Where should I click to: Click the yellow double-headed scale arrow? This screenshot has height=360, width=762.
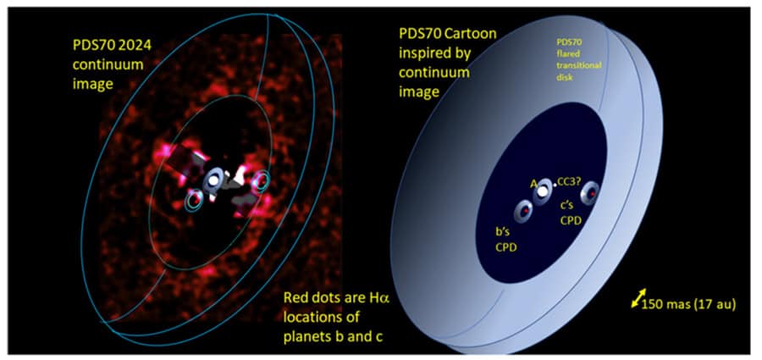(x=638, y=298)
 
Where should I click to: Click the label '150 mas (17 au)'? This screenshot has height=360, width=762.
(x=688, y=305)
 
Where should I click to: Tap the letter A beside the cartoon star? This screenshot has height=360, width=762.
(x=533, y=185)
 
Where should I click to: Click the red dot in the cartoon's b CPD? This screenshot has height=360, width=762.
(x=524, y=211)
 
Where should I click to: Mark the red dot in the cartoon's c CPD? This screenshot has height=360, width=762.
(x=593, y=194)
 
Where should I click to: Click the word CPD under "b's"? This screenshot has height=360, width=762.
(x=505, y=247)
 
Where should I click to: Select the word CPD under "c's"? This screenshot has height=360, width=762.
(x=571, y=220)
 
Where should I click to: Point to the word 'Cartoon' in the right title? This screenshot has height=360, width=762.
(x=473, y=34)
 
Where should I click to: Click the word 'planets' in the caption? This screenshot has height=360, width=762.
(x=306, y=335)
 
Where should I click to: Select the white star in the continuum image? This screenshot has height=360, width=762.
(x=213, y=180)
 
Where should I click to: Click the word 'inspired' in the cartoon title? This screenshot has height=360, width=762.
(x=422, y=54)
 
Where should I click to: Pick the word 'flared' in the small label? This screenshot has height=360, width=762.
(x=566, y=58)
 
